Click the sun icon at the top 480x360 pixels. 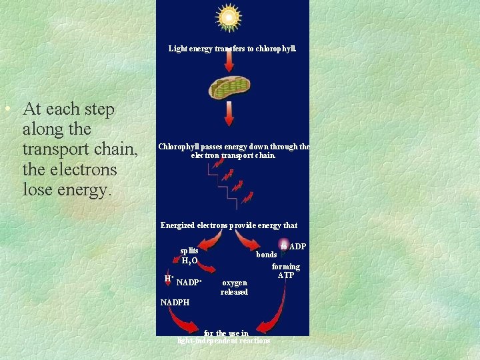tap(229, 17)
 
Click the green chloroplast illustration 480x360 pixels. tap(229, 87)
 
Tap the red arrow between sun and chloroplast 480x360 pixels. tap(229, 61)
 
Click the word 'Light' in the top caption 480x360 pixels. tap(178, 49)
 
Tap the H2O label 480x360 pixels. tap(189, 261)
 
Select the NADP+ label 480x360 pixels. tap(189, 283)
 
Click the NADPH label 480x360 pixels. tap(175, 303)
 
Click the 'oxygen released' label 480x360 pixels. tap(234, 287)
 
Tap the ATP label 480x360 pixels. tap(285, 275)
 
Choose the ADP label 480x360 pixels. tap(297, 247)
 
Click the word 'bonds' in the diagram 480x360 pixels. tap(267, 255)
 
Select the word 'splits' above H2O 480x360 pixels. tap(189, 251)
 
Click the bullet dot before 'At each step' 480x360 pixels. tap(6, 109)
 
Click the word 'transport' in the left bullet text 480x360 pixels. tap(59, 149)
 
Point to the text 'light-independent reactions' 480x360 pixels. tap(224, 341)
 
